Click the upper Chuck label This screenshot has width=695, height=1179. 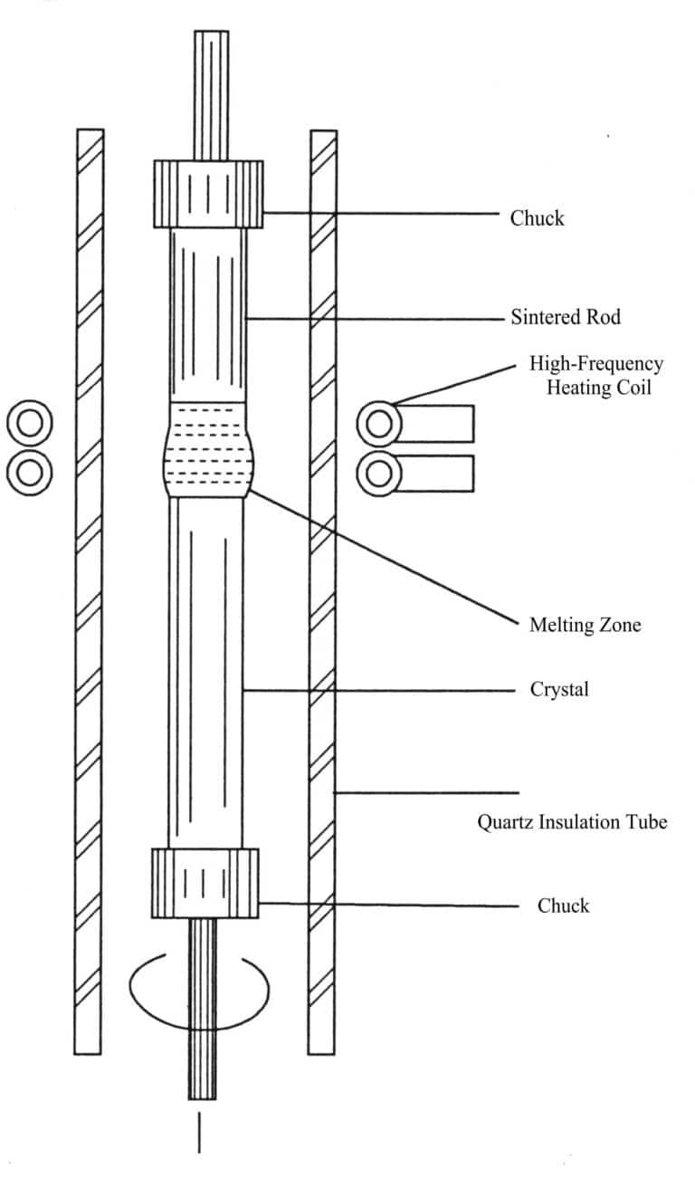pyautogui.click(x=537, y=218)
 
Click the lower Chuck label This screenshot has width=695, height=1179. pyautogui.click(x=563, y=906)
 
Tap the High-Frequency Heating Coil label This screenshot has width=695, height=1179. pyautogui.click(x=595, y=376)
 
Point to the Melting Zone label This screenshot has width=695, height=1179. pyautogui.click(x=585, y=625)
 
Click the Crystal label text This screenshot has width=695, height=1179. pyautogui.click(x=558, y=690)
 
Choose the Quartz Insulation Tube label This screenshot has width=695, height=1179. pyautogui.click(x=572, y=822)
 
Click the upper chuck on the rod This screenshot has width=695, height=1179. pyautogui.click(x=208, y=194)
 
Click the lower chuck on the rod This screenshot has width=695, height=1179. pyautogui.click(x=205, y=884)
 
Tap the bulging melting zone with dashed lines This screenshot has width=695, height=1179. pyautogui.click(x=207, y=449)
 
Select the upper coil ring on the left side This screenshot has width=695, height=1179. pyautogui.click(x=29, y=423)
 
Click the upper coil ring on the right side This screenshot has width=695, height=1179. pyautogui.click(x=379, y=423)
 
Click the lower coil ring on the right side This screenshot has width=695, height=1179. pyautogui.click(x=379, y=472)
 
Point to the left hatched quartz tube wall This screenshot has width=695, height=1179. pyautogui.click(x=89, y=589)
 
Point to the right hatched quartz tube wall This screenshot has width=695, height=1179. pyautogui.click(x=322, y=589)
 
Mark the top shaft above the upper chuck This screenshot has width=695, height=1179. pyautogui.click(x=211, y=95)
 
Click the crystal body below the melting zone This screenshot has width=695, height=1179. pyautogui.click(x=206, y=670)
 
